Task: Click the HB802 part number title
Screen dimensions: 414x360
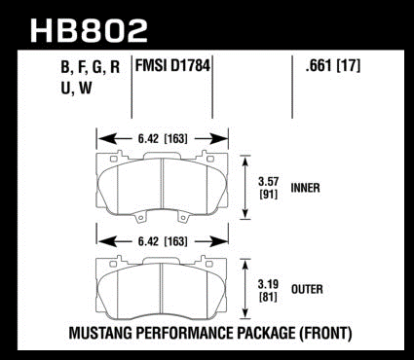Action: [89, 30]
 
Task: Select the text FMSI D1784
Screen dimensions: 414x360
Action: [172, 66]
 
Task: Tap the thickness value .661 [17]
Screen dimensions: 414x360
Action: [332, 66]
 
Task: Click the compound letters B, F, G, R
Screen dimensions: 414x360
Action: [91, 67]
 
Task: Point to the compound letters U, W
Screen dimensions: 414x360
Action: [76, 88]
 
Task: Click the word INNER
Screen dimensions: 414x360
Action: [305, 188]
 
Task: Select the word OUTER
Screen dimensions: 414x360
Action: [307, 289]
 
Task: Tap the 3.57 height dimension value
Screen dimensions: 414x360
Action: [268, 181]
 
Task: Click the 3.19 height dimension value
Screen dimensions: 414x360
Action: [268, 284]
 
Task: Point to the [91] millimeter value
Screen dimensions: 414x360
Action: [269, 195]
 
